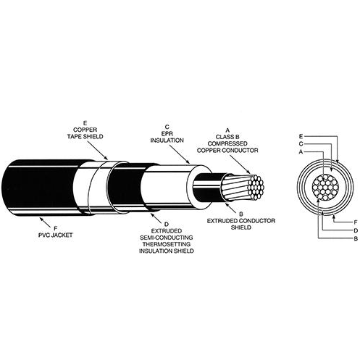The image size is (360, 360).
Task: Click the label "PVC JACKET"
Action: [56, 235]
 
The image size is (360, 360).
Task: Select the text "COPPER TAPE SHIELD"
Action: [85, 133]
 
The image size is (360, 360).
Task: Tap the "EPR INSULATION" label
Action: [167, 137]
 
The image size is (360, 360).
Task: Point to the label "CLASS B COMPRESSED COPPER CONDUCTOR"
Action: [227, 147]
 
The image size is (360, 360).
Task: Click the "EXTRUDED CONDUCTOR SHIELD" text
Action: [241, 224]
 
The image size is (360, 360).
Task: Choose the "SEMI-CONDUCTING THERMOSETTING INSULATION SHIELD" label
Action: [167, 244]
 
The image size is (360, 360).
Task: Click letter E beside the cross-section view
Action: [301, 136]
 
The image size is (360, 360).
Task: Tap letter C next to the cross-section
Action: [301, 144]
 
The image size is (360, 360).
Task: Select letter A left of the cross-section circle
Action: [301, 152]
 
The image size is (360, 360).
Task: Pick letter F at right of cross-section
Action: [356, 222]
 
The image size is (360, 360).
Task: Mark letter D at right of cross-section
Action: [356, 230]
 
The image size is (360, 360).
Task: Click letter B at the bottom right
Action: [356, 238]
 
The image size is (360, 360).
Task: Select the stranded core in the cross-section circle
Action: [325, 187]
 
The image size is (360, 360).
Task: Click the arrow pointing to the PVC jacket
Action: [45, 222]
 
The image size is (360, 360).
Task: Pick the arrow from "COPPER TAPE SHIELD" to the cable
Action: [97, 150]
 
